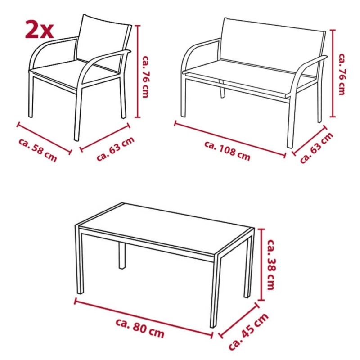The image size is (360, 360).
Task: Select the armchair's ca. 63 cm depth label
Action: (x=116, y=148)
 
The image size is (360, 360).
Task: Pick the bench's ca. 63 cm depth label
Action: (x=316, y=148)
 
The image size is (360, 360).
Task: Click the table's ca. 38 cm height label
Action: (x=270, y=265)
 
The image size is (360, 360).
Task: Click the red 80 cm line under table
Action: (x=144, y=318)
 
